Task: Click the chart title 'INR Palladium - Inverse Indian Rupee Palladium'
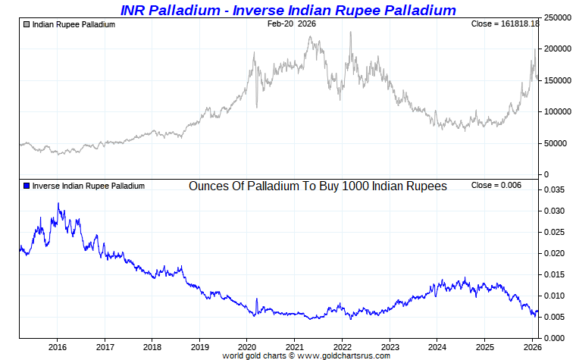288,10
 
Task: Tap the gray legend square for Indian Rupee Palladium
27,24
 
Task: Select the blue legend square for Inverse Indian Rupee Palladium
27,186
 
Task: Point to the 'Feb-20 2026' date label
292,24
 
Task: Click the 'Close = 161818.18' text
505,24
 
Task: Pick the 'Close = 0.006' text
496,186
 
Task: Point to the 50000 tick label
556,143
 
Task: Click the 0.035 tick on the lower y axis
555,189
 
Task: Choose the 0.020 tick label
555,253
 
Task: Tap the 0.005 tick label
555,317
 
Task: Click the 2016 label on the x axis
58,347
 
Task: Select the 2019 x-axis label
199,347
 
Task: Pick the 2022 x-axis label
342,347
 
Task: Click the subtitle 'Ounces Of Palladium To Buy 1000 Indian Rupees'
318,186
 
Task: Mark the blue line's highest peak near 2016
58,203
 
